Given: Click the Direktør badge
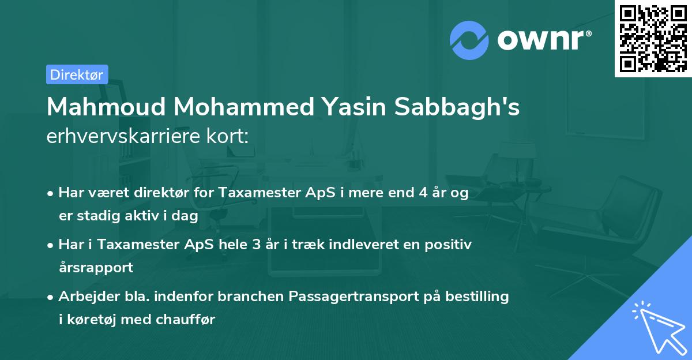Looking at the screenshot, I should [x=77, y=74].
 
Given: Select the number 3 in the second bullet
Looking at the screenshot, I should [x=255, y=245].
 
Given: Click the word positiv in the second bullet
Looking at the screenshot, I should [x=451, y=245].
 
